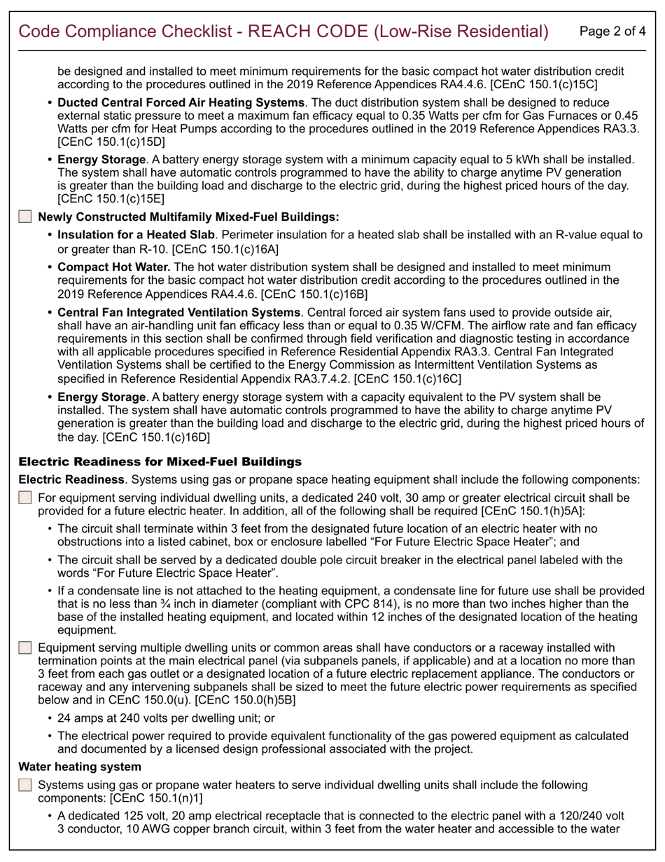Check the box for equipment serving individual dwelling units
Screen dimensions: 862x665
[x=25, y=498]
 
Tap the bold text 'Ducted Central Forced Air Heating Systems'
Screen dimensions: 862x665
[x=181, y=102]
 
